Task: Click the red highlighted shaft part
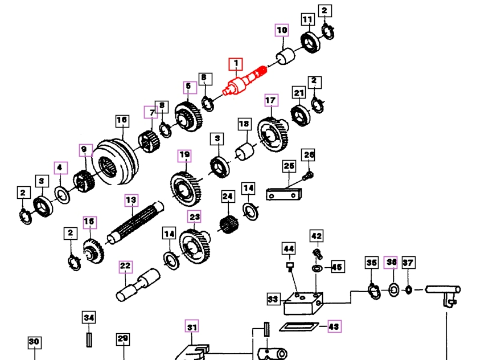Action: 245,82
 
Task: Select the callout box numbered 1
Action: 235,64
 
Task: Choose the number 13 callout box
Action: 132,200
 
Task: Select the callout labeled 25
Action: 289,166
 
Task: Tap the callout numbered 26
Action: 308,155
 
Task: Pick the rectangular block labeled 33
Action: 302,303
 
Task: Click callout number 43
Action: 334,326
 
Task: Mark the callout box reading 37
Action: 408,262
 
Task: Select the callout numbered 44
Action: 289,248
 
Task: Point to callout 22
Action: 125,266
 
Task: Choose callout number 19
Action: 184,155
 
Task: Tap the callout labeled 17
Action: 270,101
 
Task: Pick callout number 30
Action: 34,342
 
